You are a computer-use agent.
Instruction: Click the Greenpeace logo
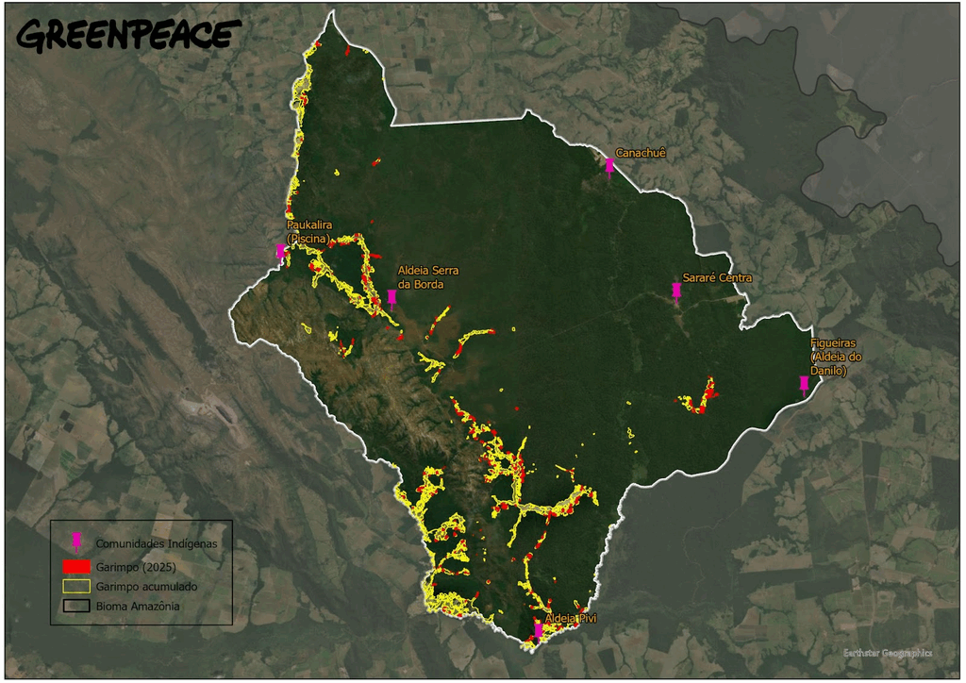(x=125, y=35)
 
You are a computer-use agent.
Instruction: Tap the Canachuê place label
(x=641, y=152)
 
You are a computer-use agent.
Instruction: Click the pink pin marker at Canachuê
(x=609, y=167)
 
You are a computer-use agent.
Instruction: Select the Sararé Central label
(x=717, y=277)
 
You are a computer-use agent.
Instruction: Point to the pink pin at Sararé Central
(x=676, y=291)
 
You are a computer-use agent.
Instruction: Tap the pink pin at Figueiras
(x=804, y=384)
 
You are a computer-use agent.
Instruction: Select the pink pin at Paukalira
(x=280, y=252)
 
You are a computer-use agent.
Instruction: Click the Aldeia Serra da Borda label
(x=427, y=276)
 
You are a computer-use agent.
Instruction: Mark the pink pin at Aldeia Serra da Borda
(x=391, y=298)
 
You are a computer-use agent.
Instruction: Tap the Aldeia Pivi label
(x=571, y=618)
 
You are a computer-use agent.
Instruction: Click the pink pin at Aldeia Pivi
(x=538, y=629)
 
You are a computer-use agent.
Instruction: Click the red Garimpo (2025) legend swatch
(x=77, y=567)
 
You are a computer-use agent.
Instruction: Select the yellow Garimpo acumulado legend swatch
(x=77, y=587)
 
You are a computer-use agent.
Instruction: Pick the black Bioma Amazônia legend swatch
(x=77, y=607)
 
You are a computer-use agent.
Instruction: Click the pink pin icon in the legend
(x=77, y=541)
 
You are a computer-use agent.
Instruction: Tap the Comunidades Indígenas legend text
(x=156, y=543)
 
